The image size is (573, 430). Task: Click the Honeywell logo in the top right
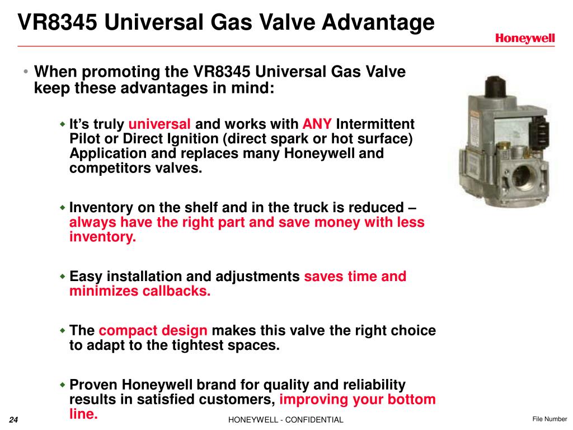pyautogui.click(x=524, y=38)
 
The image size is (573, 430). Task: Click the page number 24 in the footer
pyautogui.click(x=14, y=420)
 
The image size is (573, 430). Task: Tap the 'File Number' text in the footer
pyautogui.click(x=549, y=419)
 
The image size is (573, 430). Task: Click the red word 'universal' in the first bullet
pyautogui.click(x=159, y=124)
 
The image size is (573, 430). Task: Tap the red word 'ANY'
pyautogui.click(x=317, y=124)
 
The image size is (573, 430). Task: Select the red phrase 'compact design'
pyautogui.click(x=153, y=330)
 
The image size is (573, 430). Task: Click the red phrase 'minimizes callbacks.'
pyautogui.click(x=140, y=291)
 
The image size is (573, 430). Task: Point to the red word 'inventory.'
pyautogui.click(x=102, y=237)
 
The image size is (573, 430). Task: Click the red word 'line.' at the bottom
pyautogui.click(x=83, y=414)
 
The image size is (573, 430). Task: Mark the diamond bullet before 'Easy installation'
pyautogui.click(x=63, y=277)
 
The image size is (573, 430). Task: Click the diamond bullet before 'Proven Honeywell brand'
pyautogui.click(x=63, y=385)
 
